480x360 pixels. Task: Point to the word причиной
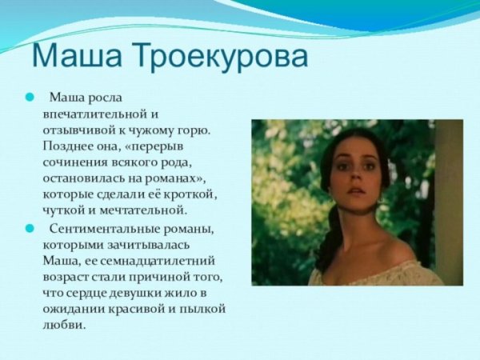click(x=165, y=277)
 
